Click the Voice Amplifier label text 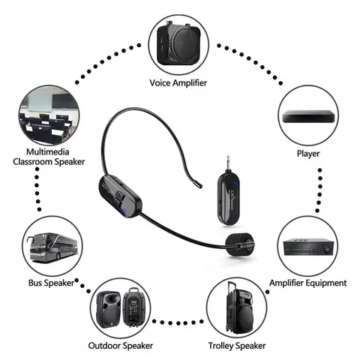pyautogui.click(x=180, y=83)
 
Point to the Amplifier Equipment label pyautogui.click(x=307, y=283)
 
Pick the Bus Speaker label pyautogui.click(x=50, y=283)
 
